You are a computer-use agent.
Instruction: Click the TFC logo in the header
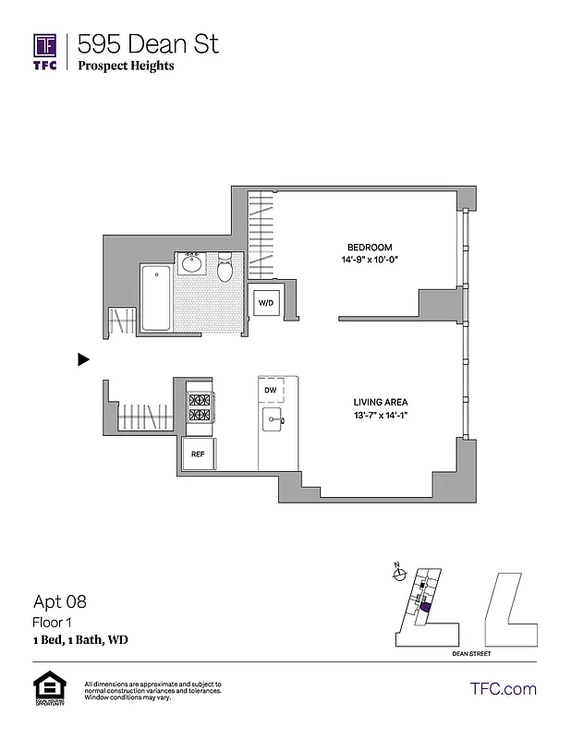(x=45, y=51)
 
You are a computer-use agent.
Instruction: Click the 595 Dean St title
(x=148, y=43)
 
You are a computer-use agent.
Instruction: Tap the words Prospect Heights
(x=126, y=66)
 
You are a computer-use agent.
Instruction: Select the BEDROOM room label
(x=370, y=248)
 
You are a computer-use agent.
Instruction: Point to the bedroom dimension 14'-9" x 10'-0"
(x=370, y=260)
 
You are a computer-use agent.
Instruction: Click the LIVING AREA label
(x=380, y=402)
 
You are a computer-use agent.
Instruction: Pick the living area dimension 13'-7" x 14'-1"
(x=380, y=415)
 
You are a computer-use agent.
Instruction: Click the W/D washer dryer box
(x=266, y=302)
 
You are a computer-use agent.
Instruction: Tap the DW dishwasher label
(x=271, y=391)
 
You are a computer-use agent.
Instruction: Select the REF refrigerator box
(x=198, y=454)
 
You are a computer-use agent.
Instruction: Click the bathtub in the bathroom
(x=155, y=298)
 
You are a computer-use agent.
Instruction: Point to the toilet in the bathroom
(x=225, y=271)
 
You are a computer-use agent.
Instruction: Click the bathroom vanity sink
(x=193, y=263)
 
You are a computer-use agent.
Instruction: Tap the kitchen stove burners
(x=200, y=408)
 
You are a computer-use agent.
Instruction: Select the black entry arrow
(x=83, y=359)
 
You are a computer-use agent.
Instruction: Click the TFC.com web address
(x=503, y=688)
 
